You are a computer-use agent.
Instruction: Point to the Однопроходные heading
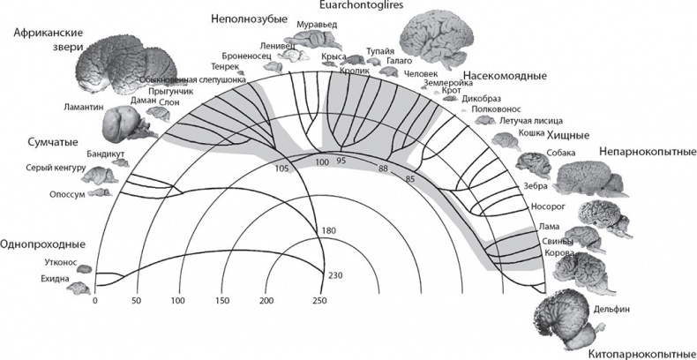pos(43,244)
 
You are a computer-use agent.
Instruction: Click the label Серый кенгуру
pos(55,169)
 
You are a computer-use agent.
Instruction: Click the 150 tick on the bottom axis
pos(221,302)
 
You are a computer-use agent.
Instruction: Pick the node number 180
pos(330,231)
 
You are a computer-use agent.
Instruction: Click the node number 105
pos(282,168)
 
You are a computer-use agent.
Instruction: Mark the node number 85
pos(408,178)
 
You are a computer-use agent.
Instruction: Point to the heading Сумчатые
pos(40,142)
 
